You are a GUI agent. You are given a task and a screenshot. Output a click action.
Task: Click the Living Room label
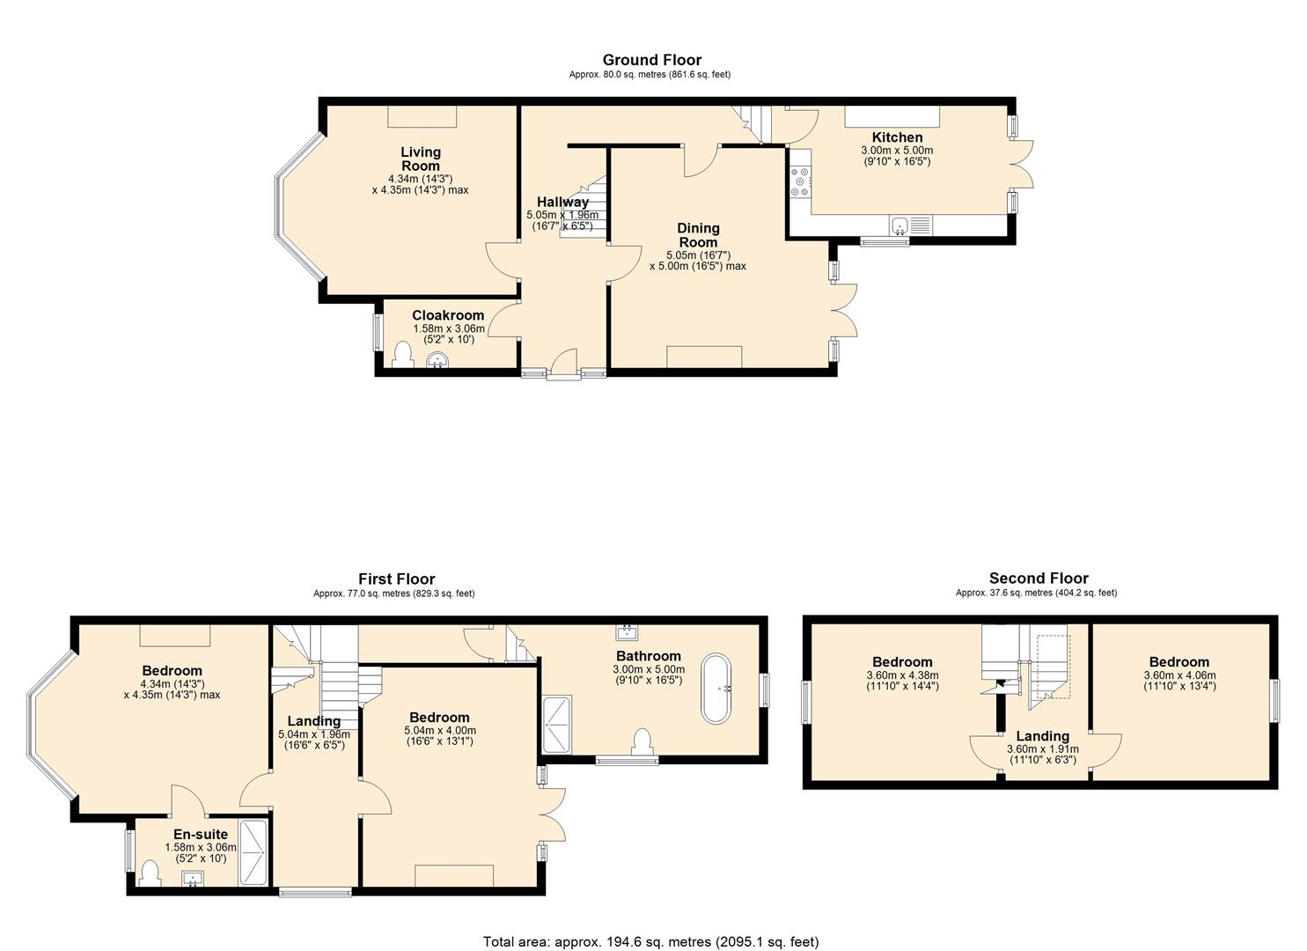420,159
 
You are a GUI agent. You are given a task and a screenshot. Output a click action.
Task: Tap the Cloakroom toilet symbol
402,355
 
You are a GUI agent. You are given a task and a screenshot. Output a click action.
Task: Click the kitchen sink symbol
899,226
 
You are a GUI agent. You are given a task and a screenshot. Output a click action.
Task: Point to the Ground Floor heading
651,60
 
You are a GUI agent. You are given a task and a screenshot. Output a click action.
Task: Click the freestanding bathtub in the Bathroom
715,689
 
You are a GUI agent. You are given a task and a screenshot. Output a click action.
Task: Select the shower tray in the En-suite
255,852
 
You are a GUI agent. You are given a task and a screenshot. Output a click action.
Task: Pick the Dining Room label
697,235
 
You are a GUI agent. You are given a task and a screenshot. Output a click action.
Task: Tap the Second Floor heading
1038,579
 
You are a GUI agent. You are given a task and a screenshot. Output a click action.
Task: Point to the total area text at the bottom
650,941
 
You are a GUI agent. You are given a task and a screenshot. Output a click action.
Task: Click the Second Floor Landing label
1042,736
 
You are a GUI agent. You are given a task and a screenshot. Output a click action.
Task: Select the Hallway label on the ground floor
562,203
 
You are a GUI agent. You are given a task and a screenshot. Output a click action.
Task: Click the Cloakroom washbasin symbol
437,360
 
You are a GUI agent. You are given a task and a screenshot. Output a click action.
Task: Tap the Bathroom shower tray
556,725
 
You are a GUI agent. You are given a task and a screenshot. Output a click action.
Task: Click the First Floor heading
396,579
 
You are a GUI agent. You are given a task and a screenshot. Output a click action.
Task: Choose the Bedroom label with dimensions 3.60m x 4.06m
1179,662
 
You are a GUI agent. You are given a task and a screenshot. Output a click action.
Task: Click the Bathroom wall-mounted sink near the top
628,631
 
